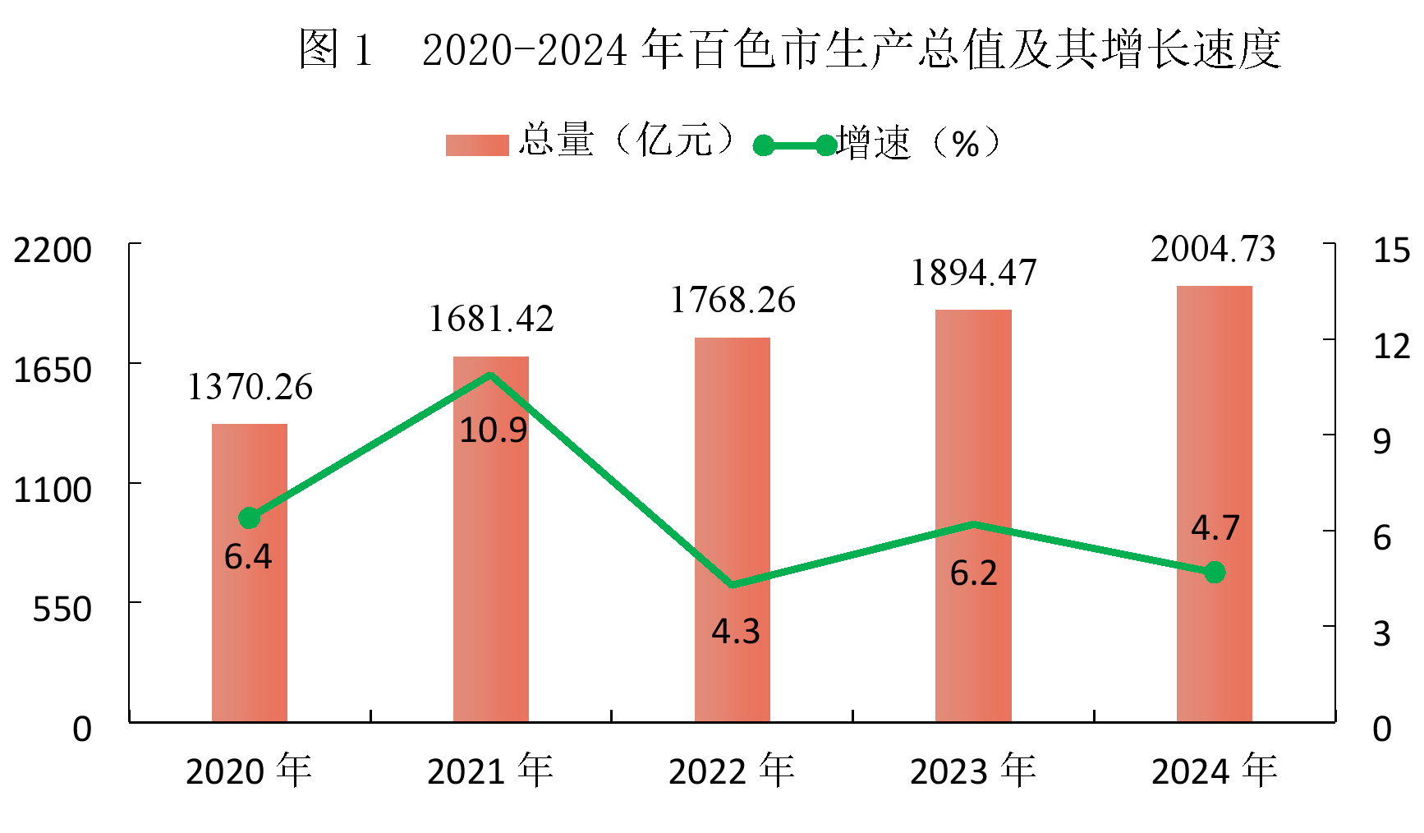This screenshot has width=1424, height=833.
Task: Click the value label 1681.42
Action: (x=491, y=319)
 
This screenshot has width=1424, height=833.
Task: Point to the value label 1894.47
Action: (x=974, y=273)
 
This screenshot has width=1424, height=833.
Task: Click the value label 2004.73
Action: (x=1213, y=249)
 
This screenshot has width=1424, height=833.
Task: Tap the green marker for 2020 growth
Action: (x=250, y=518)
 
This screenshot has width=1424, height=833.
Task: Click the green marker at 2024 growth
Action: (x=1215, y=573)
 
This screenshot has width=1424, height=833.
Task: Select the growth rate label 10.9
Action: (x=493, y=430)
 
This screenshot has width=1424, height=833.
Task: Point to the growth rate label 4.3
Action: (x=736, y=632)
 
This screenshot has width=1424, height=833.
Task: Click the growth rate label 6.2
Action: (x=974, y=573)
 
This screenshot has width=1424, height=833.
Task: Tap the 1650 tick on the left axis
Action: (x=53, y=370)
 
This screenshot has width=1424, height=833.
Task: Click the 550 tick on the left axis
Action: (x=62, y=610)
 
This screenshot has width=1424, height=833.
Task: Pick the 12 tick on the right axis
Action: (x=1392, y=346)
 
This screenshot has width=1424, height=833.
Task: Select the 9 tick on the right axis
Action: (x=1383, y=442)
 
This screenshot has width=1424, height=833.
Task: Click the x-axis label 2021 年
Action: (x=490, y=771)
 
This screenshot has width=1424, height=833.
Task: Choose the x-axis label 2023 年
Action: (x=973, y=771)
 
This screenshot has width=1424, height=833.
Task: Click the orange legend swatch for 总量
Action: (x=477, y=145)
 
